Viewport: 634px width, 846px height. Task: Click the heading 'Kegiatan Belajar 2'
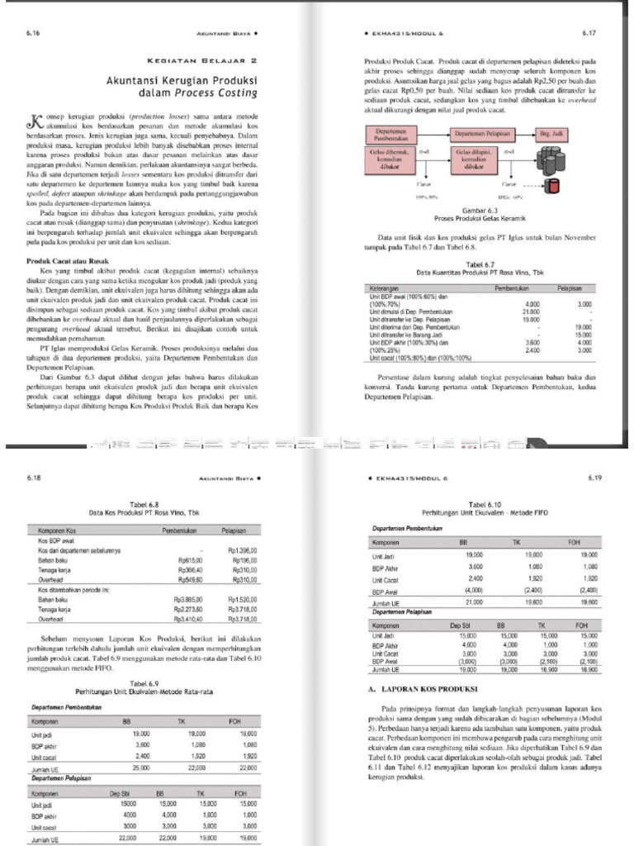(202, 61)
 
